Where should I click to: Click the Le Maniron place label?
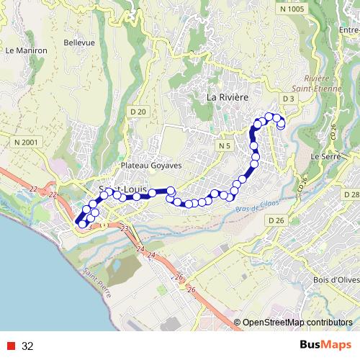[26, 51]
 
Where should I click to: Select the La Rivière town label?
[228, 96]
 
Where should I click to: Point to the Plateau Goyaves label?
[151, 165]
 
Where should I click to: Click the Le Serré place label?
[325, 155]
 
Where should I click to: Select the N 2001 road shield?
[25, 143]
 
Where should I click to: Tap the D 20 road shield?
[138, 112]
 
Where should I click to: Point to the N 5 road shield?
[224, 146]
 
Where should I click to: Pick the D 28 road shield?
[351, 195]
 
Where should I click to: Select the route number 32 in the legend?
[28, 346]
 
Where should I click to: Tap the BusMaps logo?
[324, 346]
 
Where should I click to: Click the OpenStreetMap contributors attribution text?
[297, 323]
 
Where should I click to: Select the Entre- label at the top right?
[348, 30]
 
